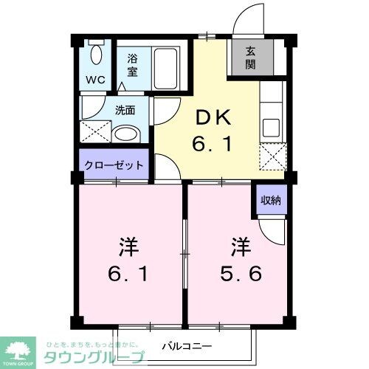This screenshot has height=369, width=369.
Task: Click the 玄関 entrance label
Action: click(251, 57)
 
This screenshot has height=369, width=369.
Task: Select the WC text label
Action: click(97, 79)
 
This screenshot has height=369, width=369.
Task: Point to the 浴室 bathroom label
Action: click(133, 64)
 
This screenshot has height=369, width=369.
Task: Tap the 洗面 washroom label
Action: click(124, 111)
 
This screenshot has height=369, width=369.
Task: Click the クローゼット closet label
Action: click(114, 165)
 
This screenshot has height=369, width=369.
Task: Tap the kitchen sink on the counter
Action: click(270, 125)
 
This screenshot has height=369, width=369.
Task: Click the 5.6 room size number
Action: click(241, 274)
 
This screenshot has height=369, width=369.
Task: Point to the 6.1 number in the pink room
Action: click(127, 274)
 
